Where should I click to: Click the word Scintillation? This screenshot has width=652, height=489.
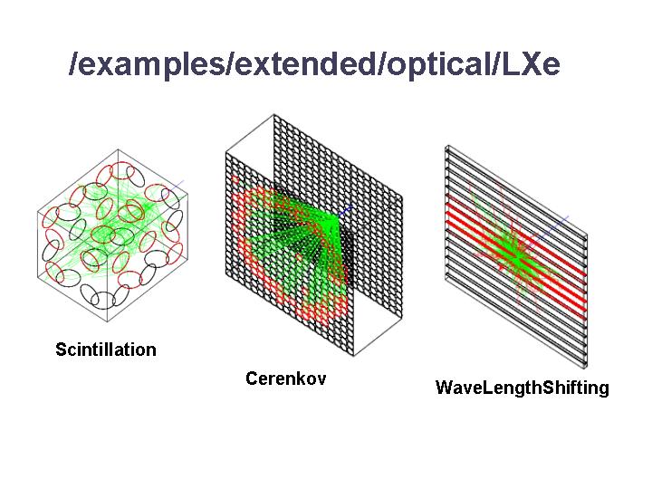(x=106, y=350)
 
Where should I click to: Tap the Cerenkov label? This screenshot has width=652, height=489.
(x=285, y=379)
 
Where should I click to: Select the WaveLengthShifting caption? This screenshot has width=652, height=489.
(x=523, y=388)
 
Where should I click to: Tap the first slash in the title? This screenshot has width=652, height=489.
(x=73, y=63)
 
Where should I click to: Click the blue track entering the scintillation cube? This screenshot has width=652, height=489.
(x=173, y=188)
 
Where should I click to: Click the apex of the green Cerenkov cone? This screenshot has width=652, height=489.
(x=338, y=216)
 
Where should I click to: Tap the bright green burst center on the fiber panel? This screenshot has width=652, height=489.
(x=515, y=259)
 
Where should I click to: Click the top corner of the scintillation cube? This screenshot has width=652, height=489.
(x=118, y=149)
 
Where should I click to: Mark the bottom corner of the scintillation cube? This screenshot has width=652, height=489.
(x=108, y=321)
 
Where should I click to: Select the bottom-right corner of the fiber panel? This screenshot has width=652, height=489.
(x=586, y=368)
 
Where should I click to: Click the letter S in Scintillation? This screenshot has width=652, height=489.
(x=62, y=350)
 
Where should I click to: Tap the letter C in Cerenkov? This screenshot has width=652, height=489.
(x=251, y=379)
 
